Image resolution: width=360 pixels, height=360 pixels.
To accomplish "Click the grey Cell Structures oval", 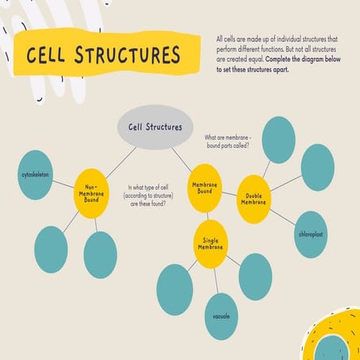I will [x=155, y=127].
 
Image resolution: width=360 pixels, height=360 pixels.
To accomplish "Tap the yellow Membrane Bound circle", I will [x=205, y=188].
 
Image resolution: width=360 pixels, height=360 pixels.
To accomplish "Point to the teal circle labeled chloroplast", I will [x=311, y=235].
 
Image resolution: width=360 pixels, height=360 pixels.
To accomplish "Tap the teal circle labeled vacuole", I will [x=222, y=315].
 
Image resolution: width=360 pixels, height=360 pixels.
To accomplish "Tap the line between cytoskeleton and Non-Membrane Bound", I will [x=66, y=182].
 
